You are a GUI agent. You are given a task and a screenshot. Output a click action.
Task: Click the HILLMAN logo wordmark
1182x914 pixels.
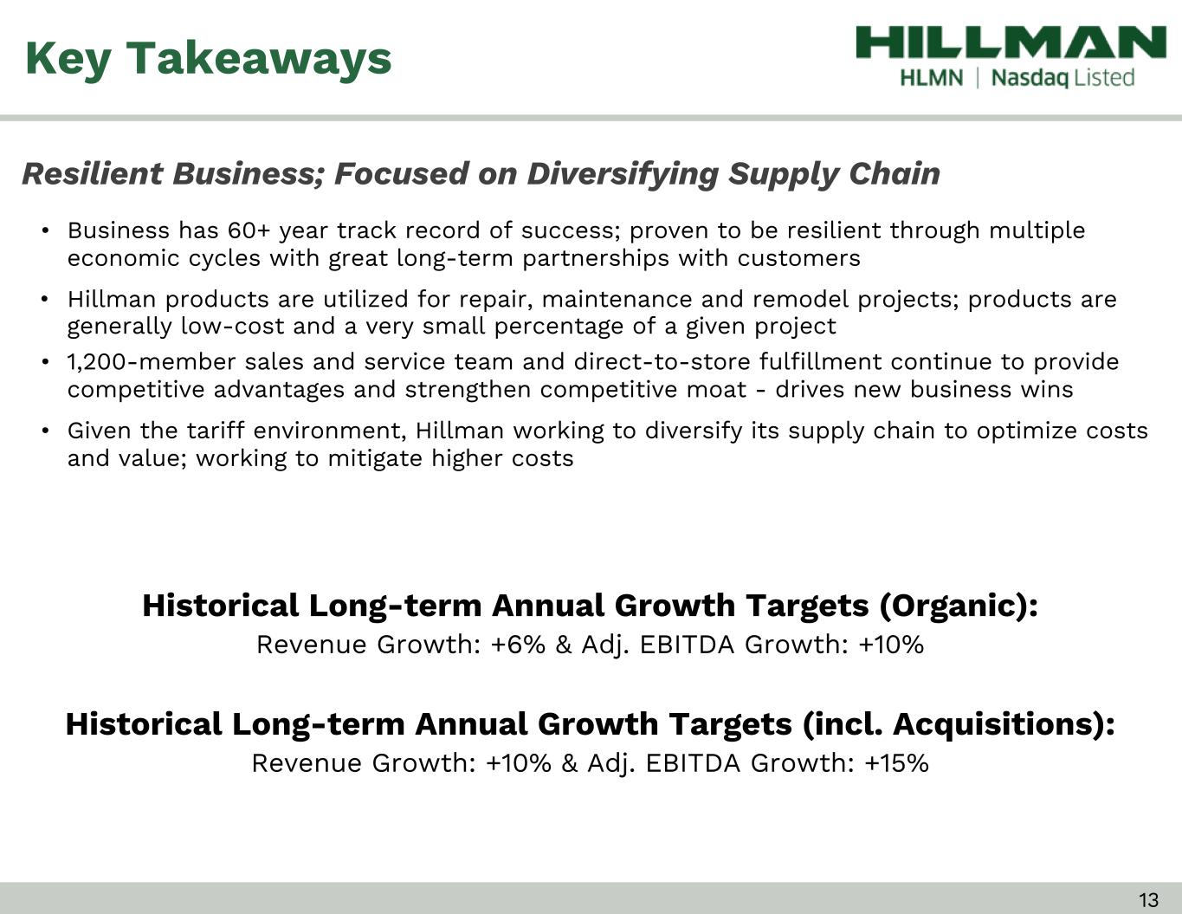[x=1011, y=42]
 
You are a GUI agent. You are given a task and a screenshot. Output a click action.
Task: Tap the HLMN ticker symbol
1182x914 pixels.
[x=931, y=78]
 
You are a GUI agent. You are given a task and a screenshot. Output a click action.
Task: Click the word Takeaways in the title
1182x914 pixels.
[x=259, y=59]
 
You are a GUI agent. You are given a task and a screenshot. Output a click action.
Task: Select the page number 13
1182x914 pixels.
[x=1148, y=899]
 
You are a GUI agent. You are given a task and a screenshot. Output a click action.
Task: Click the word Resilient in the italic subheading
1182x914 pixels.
[x=92, y=173]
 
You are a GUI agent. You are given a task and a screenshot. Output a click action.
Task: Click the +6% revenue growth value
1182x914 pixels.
[x=517, y=645]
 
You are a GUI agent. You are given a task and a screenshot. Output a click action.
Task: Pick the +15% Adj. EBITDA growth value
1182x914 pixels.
[x=896, y=763]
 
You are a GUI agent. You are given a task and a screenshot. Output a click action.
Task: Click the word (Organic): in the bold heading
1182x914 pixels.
[x=959, y=606]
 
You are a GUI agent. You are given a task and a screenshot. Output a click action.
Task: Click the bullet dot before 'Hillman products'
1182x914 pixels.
[x=46, y=300]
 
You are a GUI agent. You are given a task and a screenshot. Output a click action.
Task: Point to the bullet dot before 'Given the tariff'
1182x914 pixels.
[x=46, y=431]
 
